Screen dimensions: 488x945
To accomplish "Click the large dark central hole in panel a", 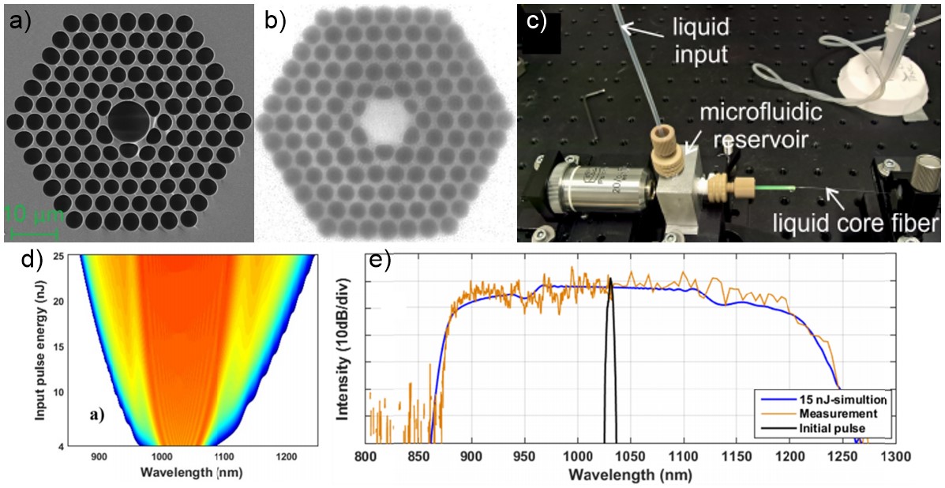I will tap(128, 121).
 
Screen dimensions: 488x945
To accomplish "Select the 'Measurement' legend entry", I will tap(830, 414).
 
